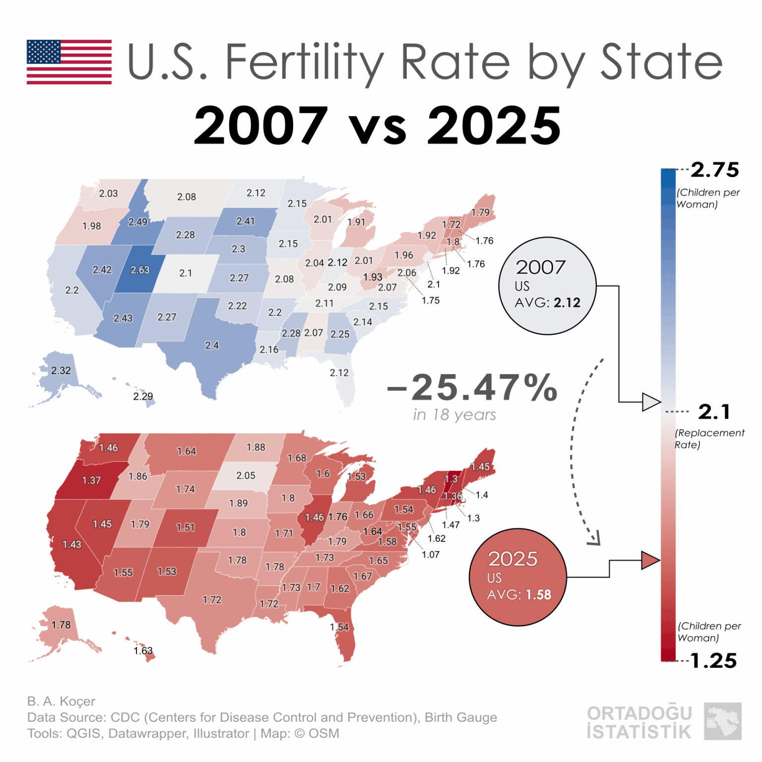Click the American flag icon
tap(69, 62)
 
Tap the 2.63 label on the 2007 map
tap(140, 270)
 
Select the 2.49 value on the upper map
tap(137, 222)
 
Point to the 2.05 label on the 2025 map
tap(246, 476)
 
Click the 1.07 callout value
tap(431, 555)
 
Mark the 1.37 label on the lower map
tap(91, 480)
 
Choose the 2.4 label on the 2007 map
tap(212, 345)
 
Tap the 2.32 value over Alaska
tap(61, 371)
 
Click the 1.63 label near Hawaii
tap(143, 650)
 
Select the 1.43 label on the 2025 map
tap(71, 545)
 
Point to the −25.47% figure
tap(472, 387)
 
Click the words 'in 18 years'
tap(454, 415)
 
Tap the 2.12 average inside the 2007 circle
tap(567, 303)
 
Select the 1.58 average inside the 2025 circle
tap(538, 595)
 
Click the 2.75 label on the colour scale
tap(714, 170)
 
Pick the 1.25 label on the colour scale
tap(713, 661)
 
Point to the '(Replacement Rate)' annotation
tap(709, 439)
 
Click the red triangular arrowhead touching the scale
tap(650, 560)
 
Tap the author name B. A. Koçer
tap(61, 701)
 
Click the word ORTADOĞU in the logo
tap(639, 713)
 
